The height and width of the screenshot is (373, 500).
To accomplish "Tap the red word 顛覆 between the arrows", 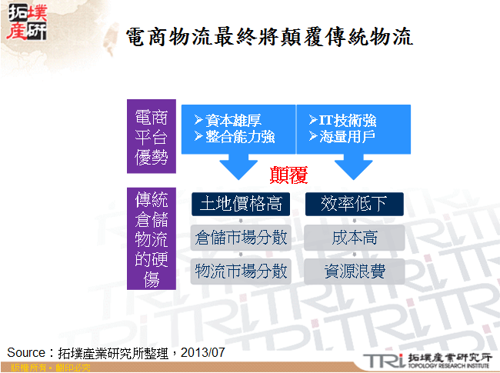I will pyautogui.click(x=288, y=175).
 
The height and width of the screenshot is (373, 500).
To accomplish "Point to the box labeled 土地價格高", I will pyautogui.click(x=240, y=204).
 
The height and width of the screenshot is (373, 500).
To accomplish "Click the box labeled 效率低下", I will pyautogui.click(x=354, y=204).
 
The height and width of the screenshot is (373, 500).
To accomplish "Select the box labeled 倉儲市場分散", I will pyautogui.click(x=240, y=237).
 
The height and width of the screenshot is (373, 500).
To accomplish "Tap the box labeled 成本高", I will pyautogui.click(x=354, y=237).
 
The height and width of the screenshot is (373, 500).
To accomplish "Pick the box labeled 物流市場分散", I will pyautogui.click(x=240, y=270).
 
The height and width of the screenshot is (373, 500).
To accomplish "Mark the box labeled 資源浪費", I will pyautogui.click(x=354, y=270).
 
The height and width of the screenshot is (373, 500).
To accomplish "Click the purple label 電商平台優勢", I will pyautogui.click(x=151, y=138).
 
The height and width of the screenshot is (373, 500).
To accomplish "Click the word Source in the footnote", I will pyautogui.click(x=25, y=352).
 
